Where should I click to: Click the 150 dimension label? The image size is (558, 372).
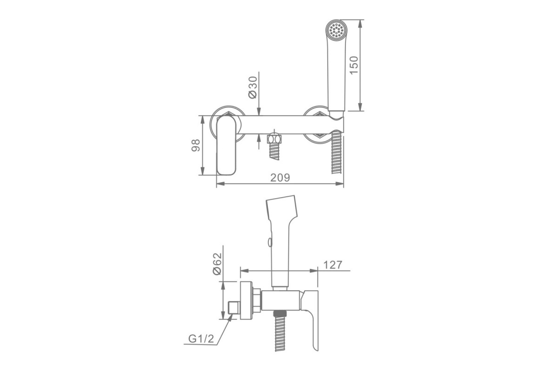pyautogui.click(x=354, y=65)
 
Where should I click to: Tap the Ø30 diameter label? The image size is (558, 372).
pyautogui.click(x=253, y=87)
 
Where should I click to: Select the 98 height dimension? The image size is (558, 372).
pyautogui.click(x=196, y=145)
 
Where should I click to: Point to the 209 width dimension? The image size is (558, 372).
pyautogui.click(x=280, y=178)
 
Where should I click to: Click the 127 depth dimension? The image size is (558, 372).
pyautogui.click(x=333, y=265)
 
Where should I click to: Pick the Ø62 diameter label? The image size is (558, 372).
pyautogui.click(x=217, y=264)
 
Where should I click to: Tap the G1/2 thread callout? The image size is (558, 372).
pyautogui.click(x=201, y=339)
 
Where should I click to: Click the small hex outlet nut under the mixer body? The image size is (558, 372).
pyautogui.click(x=274, y=139)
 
